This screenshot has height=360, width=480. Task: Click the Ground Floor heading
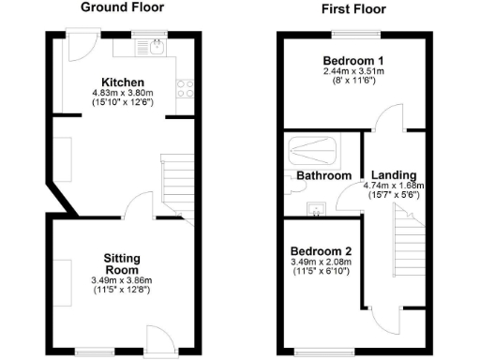tap(122, 7)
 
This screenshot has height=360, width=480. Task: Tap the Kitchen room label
tap(122, 82)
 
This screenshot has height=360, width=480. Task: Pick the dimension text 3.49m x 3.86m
tap(122, 280)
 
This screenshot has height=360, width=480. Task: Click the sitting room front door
tap(157, 338)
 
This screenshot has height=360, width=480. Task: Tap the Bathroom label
tap(323, 175)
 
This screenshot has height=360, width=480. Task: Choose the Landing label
tap(394, 174)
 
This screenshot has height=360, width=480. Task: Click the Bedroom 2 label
tap(321, 251)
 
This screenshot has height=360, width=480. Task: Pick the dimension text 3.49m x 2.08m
tap(321, 263)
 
